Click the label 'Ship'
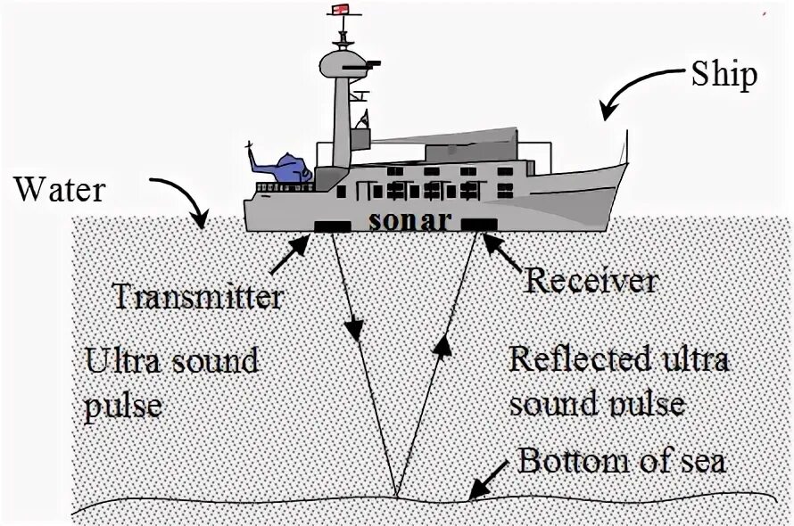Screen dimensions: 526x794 (x=724, y=74)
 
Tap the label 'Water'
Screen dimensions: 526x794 (x=60, y=189)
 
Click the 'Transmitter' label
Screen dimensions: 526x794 (x=198, y=296)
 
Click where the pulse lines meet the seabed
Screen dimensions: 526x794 (x=396, y=496)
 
